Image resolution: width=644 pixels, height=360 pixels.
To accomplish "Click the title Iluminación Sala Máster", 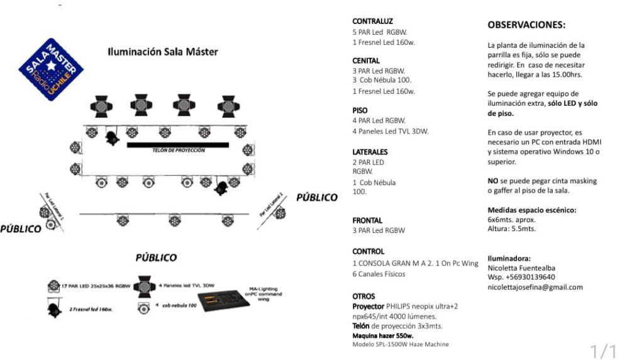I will pos(163,52).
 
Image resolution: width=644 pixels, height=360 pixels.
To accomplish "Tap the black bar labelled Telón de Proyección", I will pos(178,145).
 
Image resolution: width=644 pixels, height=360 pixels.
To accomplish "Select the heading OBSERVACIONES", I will pos(526,25).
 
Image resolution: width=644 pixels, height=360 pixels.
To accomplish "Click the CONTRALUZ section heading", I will pos(373,21).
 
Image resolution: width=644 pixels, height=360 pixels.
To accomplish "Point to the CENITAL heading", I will pos(366,60).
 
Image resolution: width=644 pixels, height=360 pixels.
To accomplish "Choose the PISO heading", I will pos(360,110).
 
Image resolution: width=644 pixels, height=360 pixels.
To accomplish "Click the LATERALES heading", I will pos(370,152).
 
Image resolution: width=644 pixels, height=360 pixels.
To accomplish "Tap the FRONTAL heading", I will pos(367,220).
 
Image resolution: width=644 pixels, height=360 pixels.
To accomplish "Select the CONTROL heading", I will pos(369,251).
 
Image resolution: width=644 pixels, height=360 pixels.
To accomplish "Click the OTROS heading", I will pos(364,296).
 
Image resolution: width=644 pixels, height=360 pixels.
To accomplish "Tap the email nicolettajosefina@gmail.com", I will pos(535,287).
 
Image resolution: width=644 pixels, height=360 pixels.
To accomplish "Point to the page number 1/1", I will pos(603,351).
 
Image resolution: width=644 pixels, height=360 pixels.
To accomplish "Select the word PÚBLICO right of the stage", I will pos(317,197).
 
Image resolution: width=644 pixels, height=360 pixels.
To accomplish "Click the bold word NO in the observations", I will pos(493,181).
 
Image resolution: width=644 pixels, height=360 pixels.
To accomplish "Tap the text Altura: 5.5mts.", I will pos(511,229).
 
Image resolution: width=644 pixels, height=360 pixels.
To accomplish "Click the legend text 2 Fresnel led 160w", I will pos(92,308).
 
